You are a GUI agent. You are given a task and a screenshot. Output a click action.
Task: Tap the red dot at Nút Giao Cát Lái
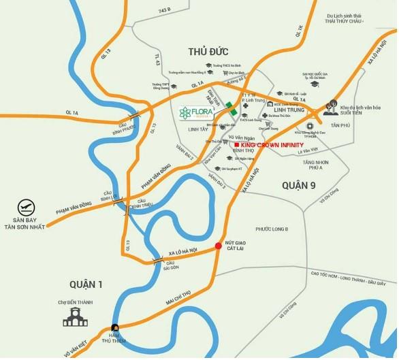[x=218, y=246]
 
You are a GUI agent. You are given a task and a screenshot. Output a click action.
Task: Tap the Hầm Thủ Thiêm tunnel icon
[x=116, y=328]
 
